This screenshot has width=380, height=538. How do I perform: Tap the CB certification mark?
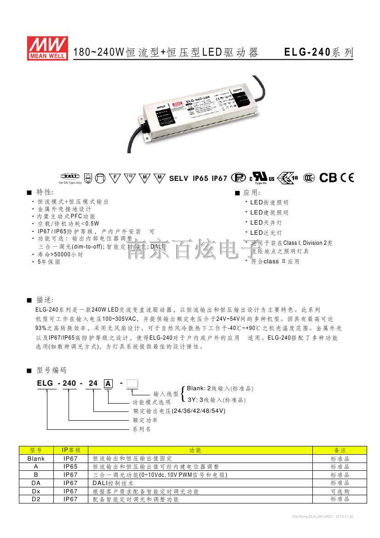(x=328, y=178)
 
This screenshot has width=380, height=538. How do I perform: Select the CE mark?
(x=347, y=178)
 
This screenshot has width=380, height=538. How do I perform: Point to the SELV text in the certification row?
(x=179, y=178)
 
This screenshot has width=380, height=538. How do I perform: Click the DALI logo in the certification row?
(x=70, y=176)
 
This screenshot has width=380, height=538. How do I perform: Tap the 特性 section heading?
(x=44, y=191)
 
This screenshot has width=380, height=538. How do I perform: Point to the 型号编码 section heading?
(x=51, y=370)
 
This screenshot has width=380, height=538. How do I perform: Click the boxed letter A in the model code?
(x=108, y=383)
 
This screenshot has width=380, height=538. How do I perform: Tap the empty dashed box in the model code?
(x=132, y=383)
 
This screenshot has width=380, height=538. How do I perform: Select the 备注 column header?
(x=340, y=450)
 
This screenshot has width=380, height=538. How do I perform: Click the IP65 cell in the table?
(x=71, y=467)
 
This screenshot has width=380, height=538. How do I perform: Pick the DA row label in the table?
(x=36, y=483)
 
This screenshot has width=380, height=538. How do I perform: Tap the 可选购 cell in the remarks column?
(x=340, y=492)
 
